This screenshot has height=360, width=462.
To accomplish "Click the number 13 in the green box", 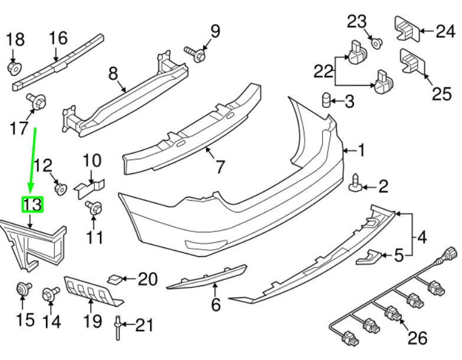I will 32,205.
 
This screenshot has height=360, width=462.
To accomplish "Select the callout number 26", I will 417,338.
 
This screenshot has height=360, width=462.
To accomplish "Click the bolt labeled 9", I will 196,54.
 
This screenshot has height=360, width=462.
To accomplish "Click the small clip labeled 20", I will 115,278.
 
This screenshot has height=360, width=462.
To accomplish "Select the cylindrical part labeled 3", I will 326,101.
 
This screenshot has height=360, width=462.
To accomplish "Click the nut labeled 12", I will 59,189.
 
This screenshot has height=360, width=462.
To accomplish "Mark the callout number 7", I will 220,167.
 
